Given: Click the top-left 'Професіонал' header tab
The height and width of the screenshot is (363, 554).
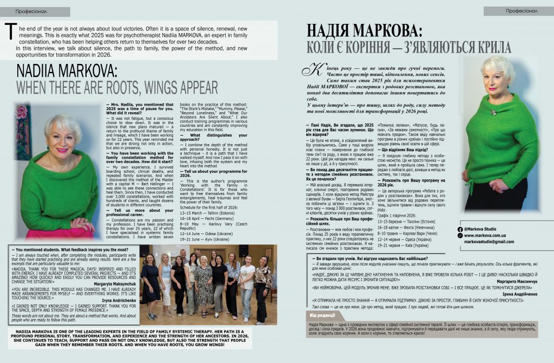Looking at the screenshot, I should [x=35, y=11].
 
